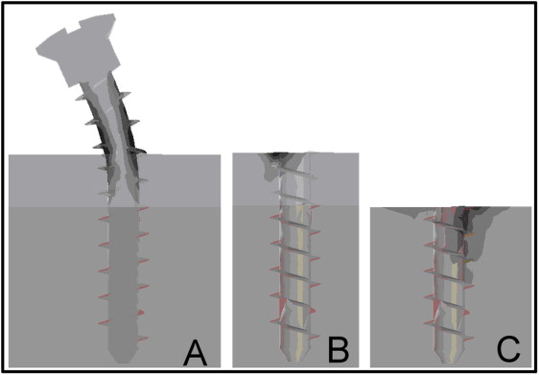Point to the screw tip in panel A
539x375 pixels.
tap(122, 359)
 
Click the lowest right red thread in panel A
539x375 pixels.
tap(144, 339)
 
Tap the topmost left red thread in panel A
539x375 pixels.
tap(104, 218)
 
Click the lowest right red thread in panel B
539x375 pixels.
tap(315, 338)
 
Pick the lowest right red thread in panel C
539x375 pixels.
tap(468, 339)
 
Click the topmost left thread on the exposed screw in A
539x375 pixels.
tap(81, 98)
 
